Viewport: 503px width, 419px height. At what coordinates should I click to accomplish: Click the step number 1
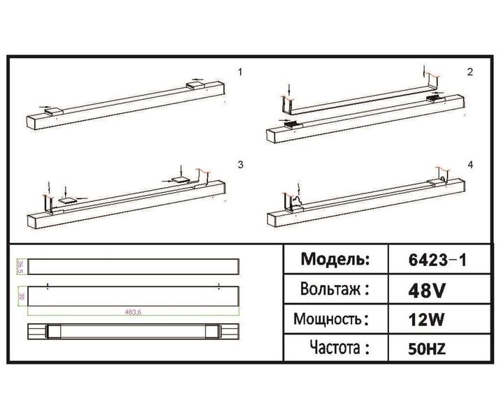(x=241, y=72)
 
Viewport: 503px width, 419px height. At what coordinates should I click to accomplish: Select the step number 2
(x=470, y=72)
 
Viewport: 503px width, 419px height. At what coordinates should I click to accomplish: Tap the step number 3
(x=240, y=165)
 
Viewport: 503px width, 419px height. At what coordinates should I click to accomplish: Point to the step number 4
(x=470, y=165)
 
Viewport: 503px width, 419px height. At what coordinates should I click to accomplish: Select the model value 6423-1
(x=437, y=260)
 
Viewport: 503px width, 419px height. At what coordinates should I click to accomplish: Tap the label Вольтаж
(x=334, y=289)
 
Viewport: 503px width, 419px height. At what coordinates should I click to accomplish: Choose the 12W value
(x=426, y=320)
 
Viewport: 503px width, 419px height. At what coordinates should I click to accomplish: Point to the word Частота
(x=334, y=348)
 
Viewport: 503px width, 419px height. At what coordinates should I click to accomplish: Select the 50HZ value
(x=428, y=348)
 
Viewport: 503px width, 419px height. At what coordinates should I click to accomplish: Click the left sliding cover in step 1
(x=52, y=110)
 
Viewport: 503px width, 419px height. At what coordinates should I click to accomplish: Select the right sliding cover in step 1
(x=196, y=85)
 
